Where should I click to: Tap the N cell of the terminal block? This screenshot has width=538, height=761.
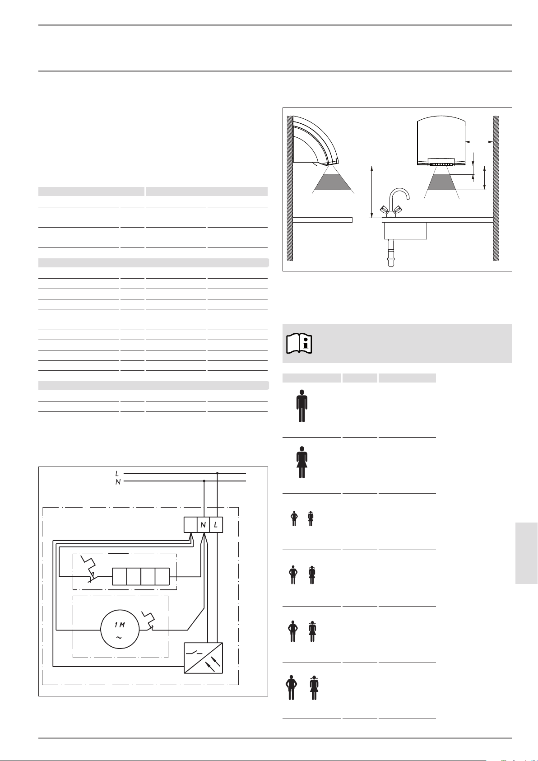[203, 525]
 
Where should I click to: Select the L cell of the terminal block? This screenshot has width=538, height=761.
[216, 525]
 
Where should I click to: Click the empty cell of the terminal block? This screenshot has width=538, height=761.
[190, 525]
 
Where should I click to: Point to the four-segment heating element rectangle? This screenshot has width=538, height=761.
[141, 577]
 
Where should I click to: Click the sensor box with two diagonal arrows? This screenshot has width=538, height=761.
[203, 658]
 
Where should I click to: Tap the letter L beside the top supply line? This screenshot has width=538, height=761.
[117, 473]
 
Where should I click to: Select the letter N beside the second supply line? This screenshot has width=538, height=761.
[118, 482]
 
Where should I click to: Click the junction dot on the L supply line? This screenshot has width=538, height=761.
[217, 473]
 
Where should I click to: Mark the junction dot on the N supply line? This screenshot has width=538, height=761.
[204, 481]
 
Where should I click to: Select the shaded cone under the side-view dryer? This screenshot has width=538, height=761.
[333, 182]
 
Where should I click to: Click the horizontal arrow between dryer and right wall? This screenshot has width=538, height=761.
[478, 142]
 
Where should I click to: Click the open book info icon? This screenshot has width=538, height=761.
[299, 344]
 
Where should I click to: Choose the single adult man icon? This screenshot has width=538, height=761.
[302, 406]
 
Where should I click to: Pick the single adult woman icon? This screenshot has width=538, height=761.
[302, 462]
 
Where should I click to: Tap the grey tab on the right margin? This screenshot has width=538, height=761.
[526, 553]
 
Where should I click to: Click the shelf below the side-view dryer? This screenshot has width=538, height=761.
[322, 220]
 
